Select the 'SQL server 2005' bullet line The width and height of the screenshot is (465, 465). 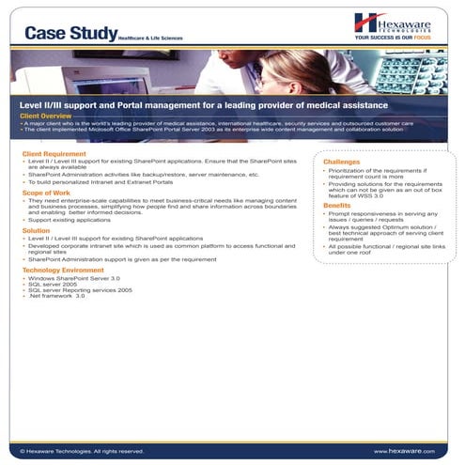point(57,285)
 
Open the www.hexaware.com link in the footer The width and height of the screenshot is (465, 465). point(405,451)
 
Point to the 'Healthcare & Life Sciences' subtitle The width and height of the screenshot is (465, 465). point(149,39)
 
